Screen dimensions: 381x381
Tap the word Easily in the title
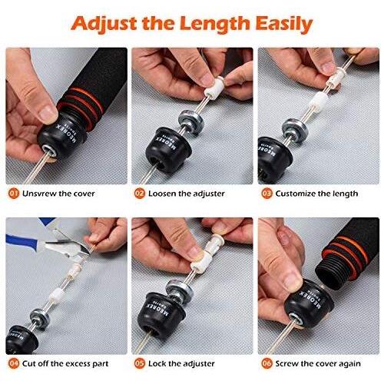283,24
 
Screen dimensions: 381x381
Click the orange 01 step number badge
13,194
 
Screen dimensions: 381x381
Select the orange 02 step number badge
140,194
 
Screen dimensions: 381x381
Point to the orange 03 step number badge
267,194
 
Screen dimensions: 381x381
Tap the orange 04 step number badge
13,363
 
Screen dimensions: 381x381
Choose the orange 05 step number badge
140,363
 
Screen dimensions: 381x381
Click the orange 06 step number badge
267,363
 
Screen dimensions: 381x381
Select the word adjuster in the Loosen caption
209,194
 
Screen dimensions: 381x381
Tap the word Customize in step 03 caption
293,194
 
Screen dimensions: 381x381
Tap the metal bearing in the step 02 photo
191,122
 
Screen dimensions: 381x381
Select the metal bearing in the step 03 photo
295,130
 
